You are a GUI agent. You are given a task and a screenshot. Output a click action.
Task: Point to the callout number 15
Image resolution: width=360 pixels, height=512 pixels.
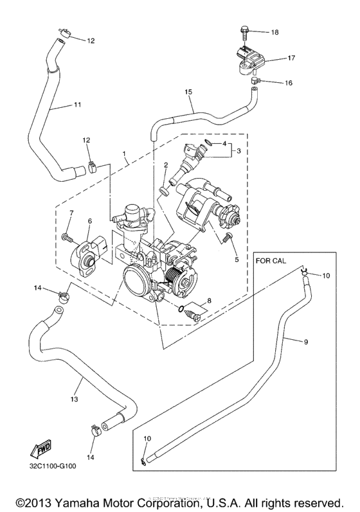pyautogui.click(x=189, y=93)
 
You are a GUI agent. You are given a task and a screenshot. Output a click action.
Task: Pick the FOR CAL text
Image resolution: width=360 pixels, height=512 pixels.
pyautogui.click(x=271, y=261)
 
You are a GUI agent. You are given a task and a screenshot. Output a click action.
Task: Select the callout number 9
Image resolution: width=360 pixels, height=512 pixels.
pyautogui.click(x=305, y=342)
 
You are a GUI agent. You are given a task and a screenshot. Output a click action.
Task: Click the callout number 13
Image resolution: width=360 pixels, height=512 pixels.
pyautogui.click(x=74, y=399)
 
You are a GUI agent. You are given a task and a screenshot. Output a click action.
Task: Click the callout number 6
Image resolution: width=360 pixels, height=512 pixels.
pyautogui.click(x=89, y=221)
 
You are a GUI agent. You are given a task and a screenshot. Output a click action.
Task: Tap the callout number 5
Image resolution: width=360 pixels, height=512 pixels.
pyautogui.click(x=236, y=260)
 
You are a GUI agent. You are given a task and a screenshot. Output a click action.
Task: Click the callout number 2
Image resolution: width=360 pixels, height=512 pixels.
pyautogui.click(x=166, y=165)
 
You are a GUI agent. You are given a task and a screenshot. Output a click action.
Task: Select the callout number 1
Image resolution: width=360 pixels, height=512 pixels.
pyautogui.click(x=125, y=155)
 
